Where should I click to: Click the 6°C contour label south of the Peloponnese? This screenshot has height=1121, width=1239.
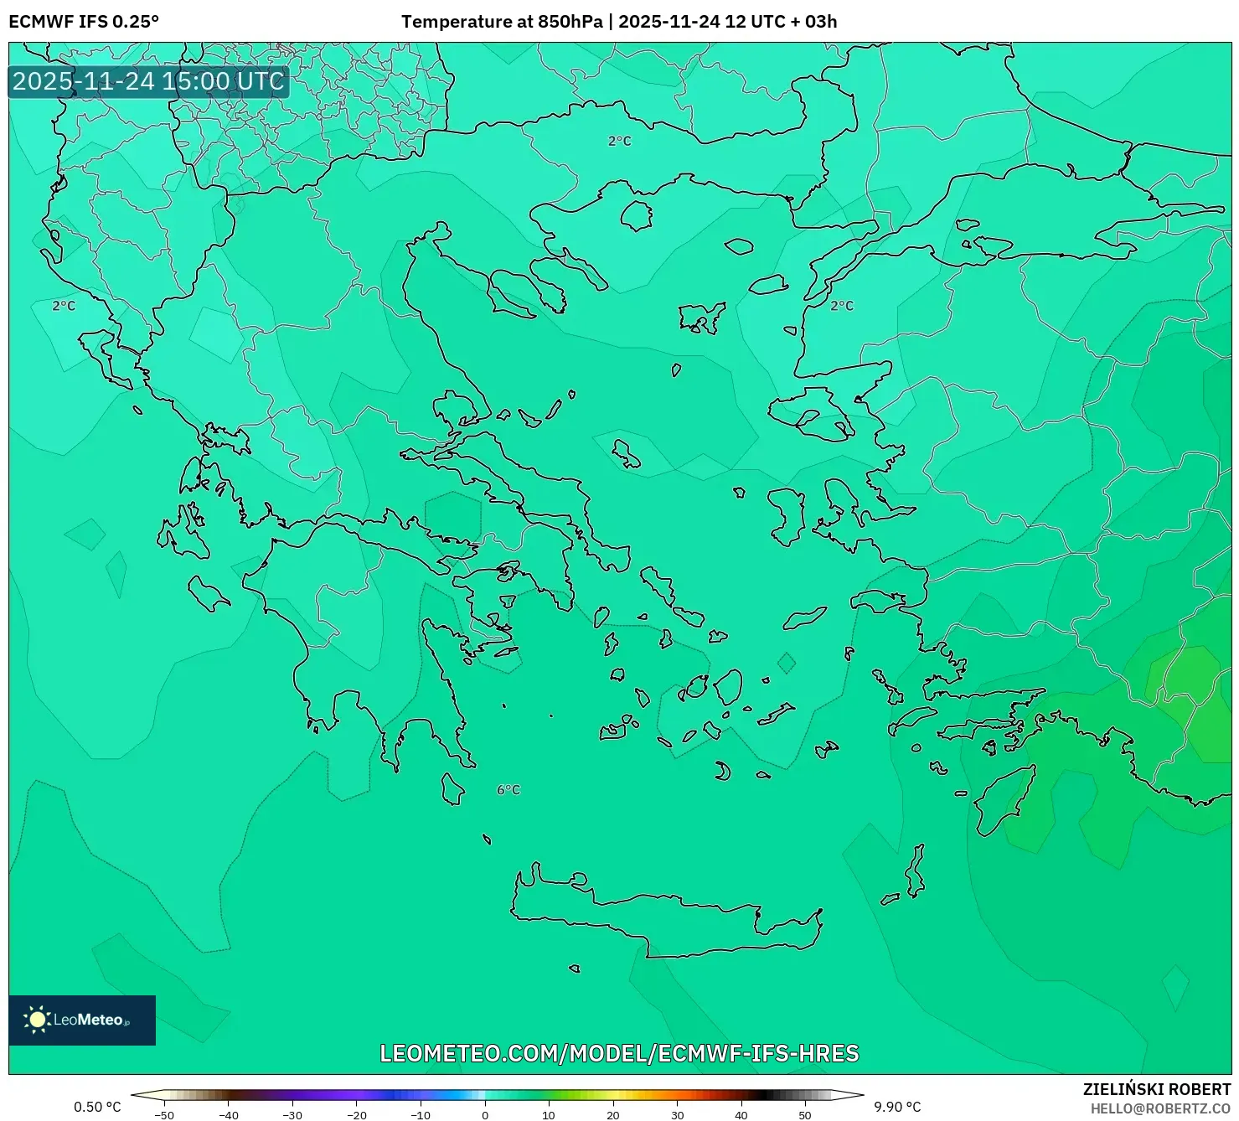click(509, 790)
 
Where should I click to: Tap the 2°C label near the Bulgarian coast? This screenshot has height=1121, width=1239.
click(619, 142)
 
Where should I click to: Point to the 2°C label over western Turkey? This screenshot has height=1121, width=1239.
click(841, 306)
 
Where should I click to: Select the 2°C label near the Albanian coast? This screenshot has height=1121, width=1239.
click(64, 306)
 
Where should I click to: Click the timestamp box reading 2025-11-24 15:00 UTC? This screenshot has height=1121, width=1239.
click(148, 81)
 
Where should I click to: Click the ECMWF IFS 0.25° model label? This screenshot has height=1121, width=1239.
click(84, 22)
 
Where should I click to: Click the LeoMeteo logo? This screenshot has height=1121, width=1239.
click(82, 1020)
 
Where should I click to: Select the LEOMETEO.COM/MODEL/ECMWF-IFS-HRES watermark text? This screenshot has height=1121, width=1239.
click(619, 1053)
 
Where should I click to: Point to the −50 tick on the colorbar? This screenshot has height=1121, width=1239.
click(164, 1114)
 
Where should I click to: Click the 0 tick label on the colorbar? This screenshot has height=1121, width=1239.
click(485, 1114)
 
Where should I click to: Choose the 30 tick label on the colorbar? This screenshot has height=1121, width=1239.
click(677, 1114)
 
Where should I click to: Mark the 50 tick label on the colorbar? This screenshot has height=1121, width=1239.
click(805, 1114)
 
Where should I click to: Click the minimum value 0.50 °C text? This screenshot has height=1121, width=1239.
click(97, 1107)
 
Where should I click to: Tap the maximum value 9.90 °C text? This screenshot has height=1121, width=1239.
click(897, 1107)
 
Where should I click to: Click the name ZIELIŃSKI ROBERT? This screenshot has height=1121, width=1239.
click(1157, 1089)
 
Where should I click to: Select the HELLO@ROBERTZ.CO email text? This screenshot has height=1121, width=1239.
click(1160, 1108)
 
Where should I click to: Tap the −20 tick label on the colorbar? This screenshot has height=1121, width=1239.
click(356, 1114)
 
